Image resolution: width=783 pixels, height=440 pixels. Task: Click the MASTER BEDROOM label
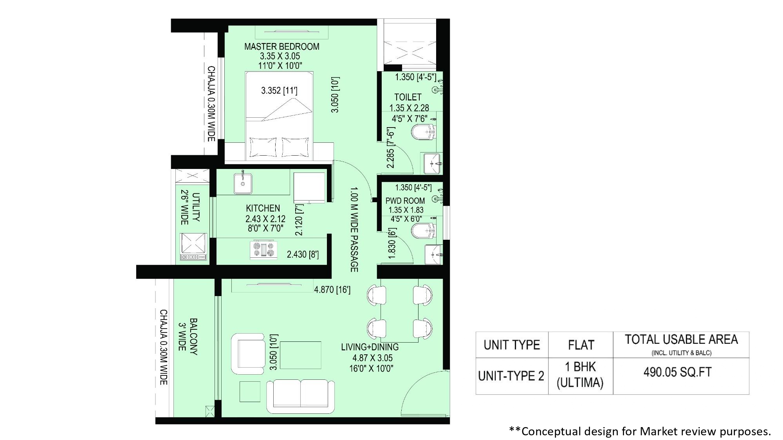(282, 47)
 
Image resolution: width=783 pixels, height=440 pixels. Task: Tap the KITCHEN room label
(263, 208)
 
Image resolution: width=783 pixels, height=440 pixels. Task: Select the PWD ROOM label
(405, 201)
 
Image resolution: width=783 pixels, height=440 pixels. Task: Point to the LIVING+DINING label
(370, 347)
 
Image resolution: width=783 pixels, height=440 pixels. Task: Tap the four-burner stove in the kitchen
(263, 250)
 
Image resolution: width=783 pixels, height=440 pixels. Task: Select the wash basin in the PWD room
(433, 255)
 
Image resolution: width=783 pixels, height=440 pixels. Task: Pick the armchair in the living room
(248, 354)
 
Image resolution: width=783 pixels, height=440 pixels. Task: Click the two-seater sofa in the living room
(301, 396)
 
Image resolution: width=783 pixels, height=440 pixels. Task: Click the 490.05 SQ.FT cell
(677, 372)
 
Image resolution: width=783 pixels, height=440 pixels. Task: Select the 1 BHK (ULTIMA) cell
(580, 375)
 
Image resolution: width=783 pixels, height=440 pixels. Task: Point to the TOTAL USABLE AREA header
(681, 339)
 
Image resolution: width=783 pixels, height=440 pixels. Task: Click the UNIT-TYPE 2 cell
(511, 376)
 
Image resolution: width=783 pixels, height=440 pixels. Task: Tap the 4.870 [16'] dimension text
(332, 289)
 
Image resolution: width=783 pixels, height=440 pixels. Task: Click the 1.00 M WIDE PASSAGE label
(354, 230)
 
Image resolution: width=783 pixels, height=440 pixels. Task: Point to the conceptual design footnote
(640, 431)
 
